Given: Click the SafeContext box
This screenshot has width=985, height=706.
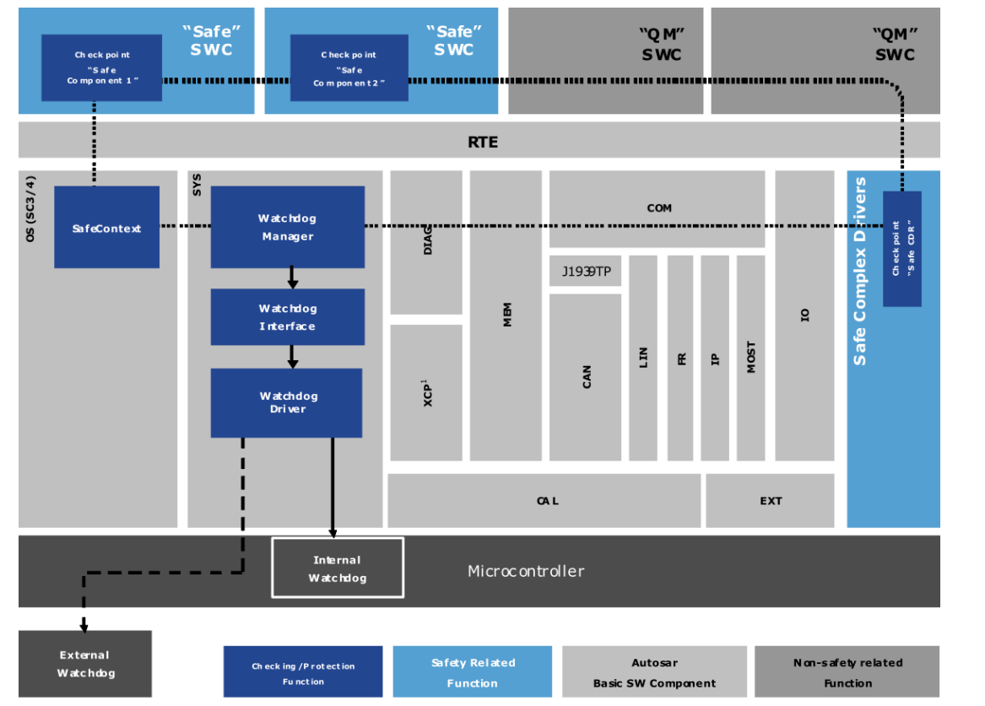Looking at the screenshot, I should [x=106, y=228].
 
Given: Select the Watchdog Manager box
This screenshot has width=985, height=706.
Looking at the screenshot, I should [x=287, y=227].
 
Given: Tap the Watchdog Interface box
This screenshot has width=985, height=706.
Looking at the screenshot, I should [x=287, y=317].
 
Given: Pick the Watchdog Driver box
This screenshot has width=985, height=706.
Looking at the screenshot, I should [x=286, y=402].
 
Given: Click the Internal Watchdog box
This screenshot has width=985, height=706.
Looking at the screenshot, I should [x=337, y=568].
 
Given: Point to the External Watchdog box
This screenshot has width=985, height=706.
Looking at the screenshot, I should [x=84, y=664].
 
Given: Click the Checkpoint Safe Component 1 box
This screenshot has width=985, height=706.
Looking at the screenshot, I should [x=101, y=67].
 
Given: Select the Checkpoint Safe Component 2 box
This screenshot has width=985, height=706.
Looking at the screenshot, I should [x=349, y=67].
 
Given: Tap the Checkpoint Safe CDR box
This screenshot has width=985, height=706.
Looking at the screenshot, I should [x=901, y=249].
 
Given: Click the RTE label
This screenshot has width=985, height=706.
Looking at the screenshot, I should [x=483, y=141].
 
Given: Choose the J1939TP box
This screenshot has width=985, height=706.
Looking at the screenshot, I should [x=586, y=272].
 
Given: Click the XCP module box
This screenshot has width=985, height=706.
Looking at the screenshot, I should [x=426, y=393].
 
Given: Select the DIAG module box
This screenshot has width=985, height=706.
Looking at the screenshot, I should [x=426, y=242].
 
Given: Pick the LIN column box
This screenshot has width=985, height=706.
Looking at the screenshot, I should [x=643, y=358].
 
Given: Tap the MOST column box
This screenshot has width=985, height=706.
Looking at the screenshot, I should [x=750, y=358].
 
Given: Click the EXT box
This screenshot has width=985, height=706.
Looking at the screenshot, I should [x=770, y=500].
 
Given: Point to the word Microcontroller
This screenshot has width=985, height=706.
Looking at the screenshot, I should [x=525, y=571].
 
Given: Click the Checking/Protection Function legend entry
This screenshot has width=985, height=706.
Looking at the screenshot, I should [x=302, y=672].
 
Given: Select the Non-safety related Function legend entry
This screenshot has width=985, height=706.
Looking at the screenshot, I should [x=847, y=672].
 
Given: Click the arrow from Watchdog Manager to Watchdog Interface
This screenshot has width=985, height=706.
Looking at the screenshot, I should [x=291, y=278].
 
